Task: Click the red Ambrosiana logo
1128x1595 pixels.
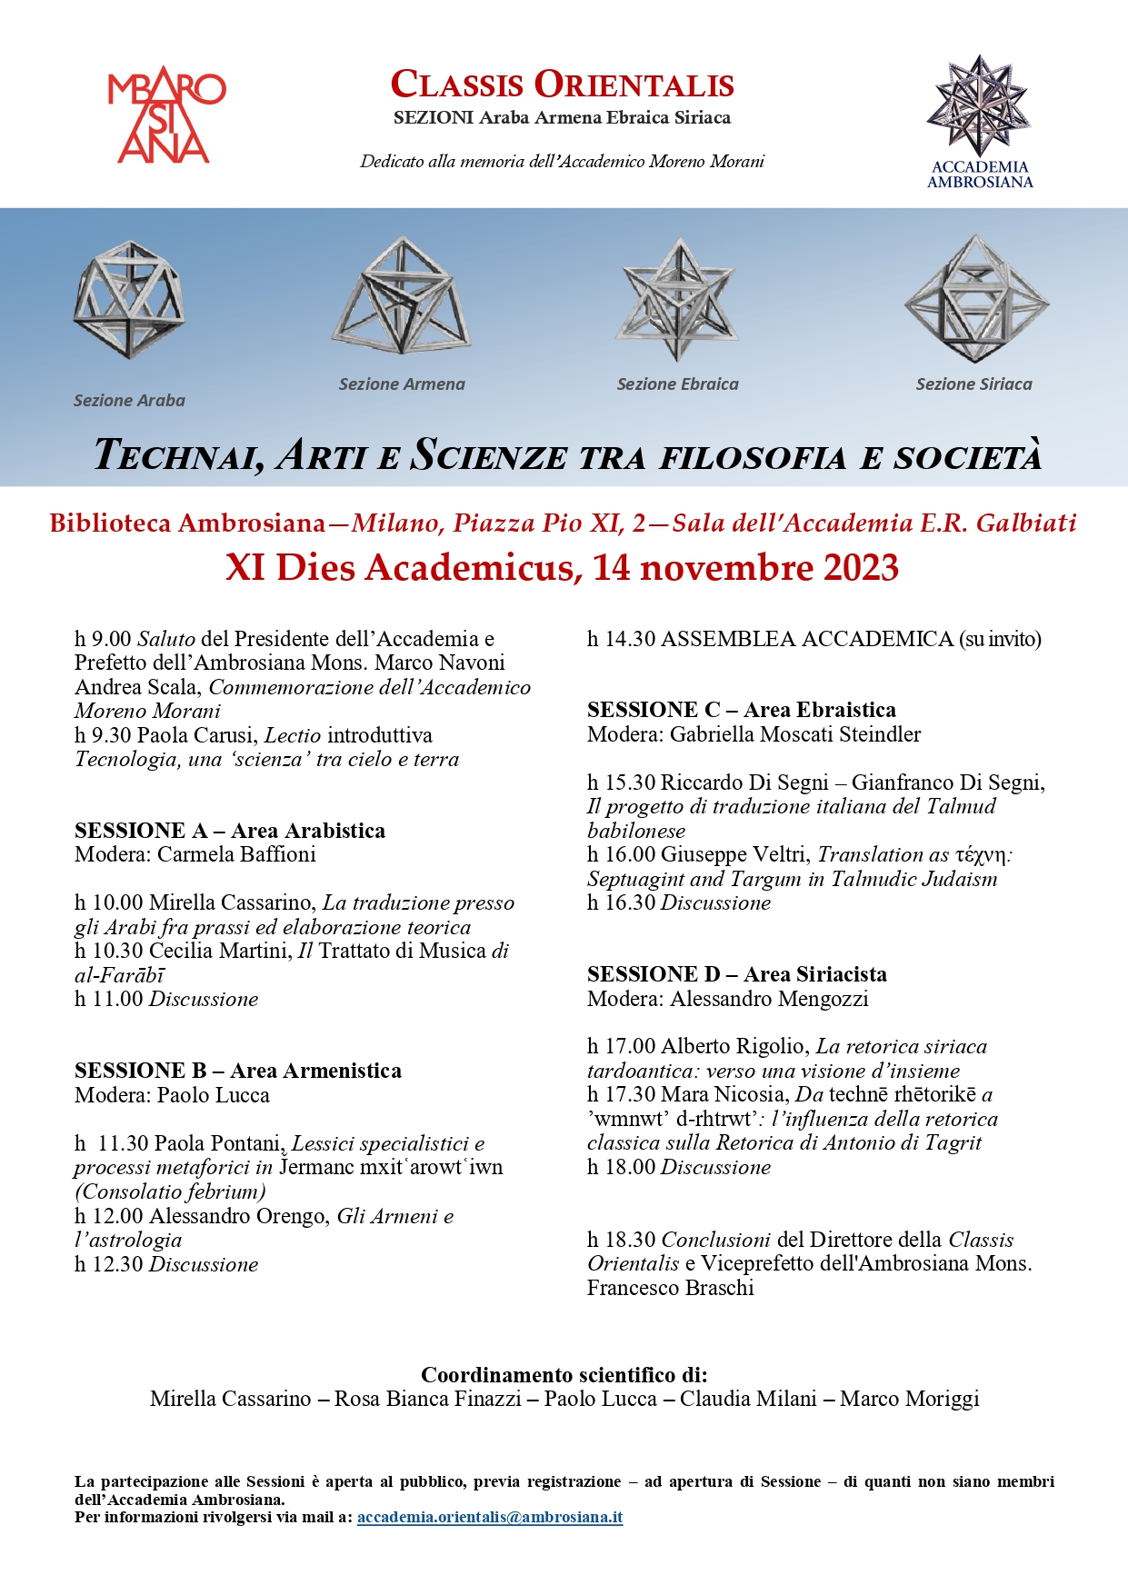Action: [165, 116]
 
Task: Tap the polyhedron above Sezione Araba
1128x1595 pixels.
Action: [129, 299]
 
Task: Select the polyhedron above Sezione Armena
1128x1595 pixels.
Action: [401, 295]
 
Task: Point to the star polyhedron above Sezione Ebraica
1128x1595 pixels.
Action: [676, 299]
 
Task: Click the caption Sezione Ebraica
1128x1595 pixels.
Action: [677, 384]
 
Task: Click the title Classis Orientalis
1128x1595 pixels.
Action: [562, 85]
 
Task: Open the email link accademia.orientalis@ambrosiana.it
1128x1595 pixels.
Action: [490, 1517]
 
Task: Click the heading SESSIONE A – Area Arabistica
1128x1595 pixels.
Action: [230, 831]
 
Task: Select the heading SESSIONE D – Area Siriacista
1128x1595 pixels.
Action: [736, 974]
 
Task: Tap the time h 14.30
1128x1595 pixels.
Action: [621, 639]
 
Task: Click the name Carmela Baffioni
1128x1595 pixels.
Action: [236, 854]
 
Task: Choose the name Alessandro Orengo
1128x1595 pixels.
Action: [239, 1216]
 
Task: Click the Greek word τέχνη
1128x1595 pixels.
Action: [983, 855]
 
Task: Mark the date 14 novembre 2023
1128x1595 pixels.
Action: [745, 567]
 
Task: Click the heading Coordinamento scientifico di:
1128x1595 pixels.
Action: [564, 1375]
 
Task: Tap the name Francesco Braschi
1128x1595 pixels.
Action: [671, 1288]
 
